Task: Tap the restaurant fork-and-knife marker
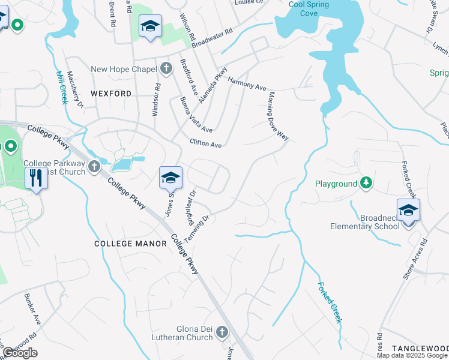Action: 36,178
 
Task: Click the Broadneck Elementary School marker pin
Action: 408,211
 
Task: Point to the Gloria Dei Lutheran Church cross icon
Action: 222,331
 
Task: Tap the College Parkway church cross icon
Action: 93,168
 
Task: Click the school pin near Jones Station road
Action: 170,178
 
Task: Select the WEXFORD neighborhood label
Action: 111,94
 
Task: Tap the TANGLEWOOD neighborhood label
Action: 420,349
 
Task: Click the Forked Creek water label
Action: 330,302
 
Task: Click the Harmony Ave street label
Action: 247,84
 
